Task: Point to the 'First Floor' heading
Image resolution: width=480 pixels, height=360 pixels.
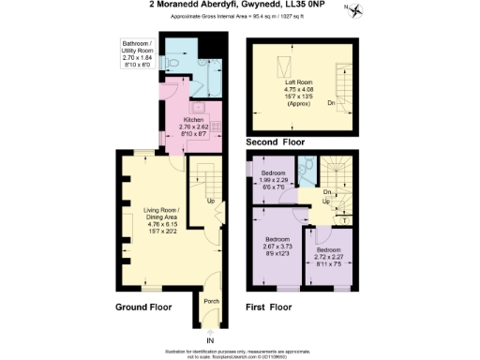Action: pos(268,307)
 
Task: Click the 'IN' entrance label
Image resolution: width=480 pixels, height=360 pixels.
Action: pos(210,338)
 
